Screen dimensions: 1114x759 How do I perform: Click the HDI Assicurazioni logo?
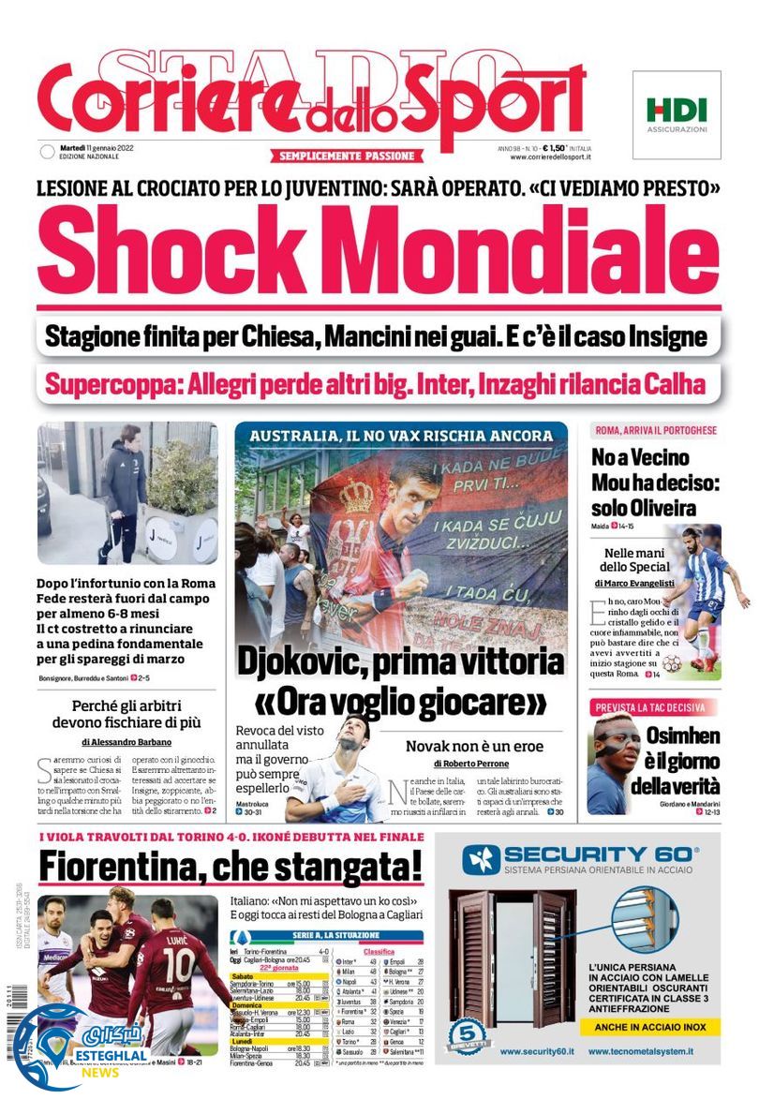(677, 113)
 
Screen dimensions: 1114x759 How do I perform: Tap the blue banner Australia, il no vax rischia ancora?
(401, 436)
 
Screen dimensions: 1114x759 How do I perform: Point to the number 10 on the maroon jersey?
(178, 963)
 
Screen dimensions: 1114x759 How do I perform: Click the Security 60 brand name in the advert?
(600, 854)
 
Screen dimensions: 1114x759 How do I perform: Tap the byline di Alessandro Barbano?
(127, 741)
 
